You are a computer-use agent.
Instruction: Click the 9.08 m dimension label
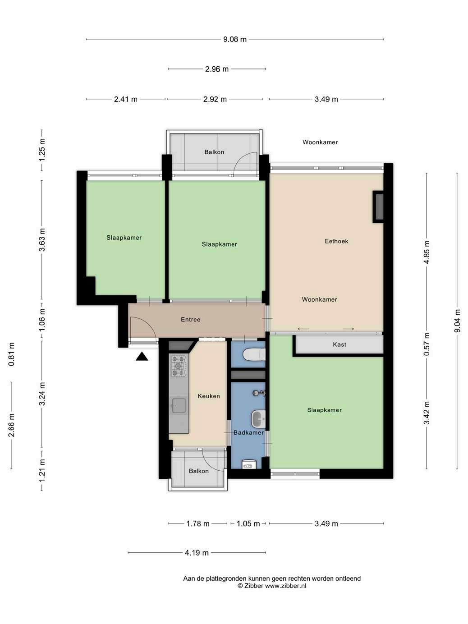click(235, 39)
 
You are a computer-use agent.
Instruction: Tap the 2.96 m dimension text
click(217, 69)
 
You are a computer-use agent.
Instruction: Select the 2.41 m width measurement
click(126, 99)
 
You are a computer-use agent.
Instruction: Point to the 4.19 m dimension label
click(197, 553)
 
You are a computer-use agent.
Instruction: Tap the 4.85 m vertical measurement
click(427, 252)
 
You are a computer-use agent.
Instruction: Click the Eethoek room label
click(336, 241)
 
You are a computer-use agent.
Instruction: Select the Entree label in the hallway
click(191, 320)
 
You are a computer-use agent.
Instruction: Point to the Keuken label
click(209, 396)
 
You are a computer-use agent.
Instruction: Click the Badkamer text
click(248, 433)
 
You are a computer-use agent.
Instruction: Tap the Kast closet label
click(340, 344)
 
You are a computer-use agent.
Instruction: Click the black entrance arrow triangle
click(142, 357)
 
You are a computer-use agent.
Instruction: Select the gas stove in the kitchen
click(179, 366)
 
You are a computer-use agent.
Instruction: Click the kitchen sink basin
click(179, 405)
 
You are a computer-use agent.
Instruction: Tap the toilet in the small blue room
click(254, 354)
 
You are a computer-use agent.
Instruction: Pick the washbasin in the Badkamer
click(258, 419)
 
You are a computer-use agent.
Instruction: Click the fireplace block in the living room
click(378, 206)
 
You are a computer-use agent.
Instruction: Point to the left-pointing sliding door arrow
click(303, 329)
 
